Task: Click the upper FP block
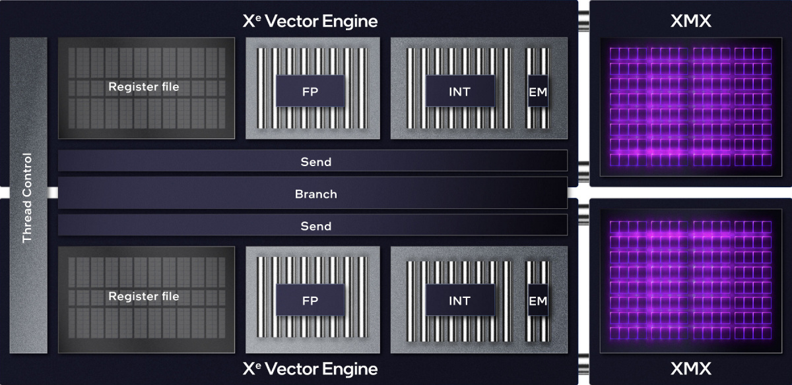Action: [310, 91]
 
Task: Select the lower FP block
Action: [310, 301]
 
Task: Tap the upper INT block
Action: [459, 91]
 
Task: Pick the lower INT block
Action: [459, 301]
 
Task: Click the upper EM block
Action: [538, 92]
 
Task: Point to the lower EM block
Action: [538, 301]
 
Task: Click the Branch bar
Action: [315, 194]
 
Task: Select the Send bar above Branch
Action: [315, 162]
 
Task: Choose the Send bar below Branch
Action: [315, 226]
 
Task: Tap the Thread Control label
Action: [27, 198]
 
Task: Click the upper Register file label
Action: [143, 86]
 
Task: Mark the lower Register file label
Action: [143, 297]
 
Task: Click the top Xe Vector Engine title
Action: [310, 21]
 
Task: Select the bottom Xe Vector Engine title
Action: [310, 369]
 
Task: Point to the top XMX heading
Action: [690, 21]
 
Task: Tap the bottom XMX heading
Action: [690, 369]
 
